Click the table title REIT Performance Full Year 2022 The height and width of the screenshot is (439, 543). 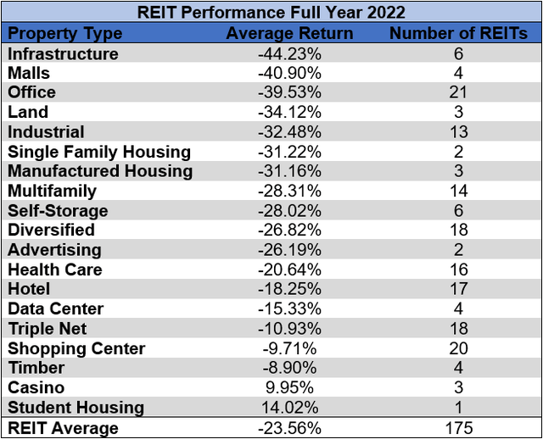coord(271,12)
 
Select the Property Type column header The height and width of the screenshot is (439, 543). coord(65,34)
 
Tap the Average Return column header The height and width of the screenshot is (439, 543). coord(289,34)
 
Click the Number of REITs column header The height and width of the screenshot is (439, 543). coord(458,34)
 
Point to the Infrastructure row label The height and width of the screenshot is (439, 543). coord(63,53)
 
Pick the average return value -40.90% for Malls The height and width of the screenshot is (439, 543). coord(289,73)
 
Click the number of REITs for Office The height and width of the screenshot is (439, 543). coord(458,92)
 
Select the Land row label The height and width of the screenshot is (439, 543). coord(28,112)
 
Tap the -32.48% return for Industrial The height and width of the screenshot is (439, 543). coord(289,132)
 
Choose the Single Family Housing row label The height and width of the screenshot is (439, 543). coord(99,152)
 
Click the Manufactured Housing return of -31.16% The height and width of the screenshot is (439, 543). coord(289,171)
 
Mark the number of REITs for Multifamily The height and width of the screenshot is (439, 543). coord(458,191)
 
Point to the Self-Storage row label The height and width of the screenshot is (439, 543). coord(58,210)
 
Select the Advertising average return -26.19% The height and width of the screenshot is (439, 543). coord(289,250)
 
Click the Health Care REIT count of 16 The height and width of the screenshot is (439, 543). coord(458,270)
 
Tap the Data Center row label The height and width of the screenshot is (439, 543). coord(56,308)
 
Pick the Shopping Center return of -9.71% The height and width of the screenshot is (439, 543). coord(289,348)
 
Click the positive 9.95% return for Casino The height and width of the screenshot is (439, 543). coord(289,387)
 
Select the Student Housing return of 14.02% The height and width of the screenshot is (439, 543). coord(289,407)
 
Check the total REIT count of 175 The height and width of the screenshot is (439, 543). coord(458,427)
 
